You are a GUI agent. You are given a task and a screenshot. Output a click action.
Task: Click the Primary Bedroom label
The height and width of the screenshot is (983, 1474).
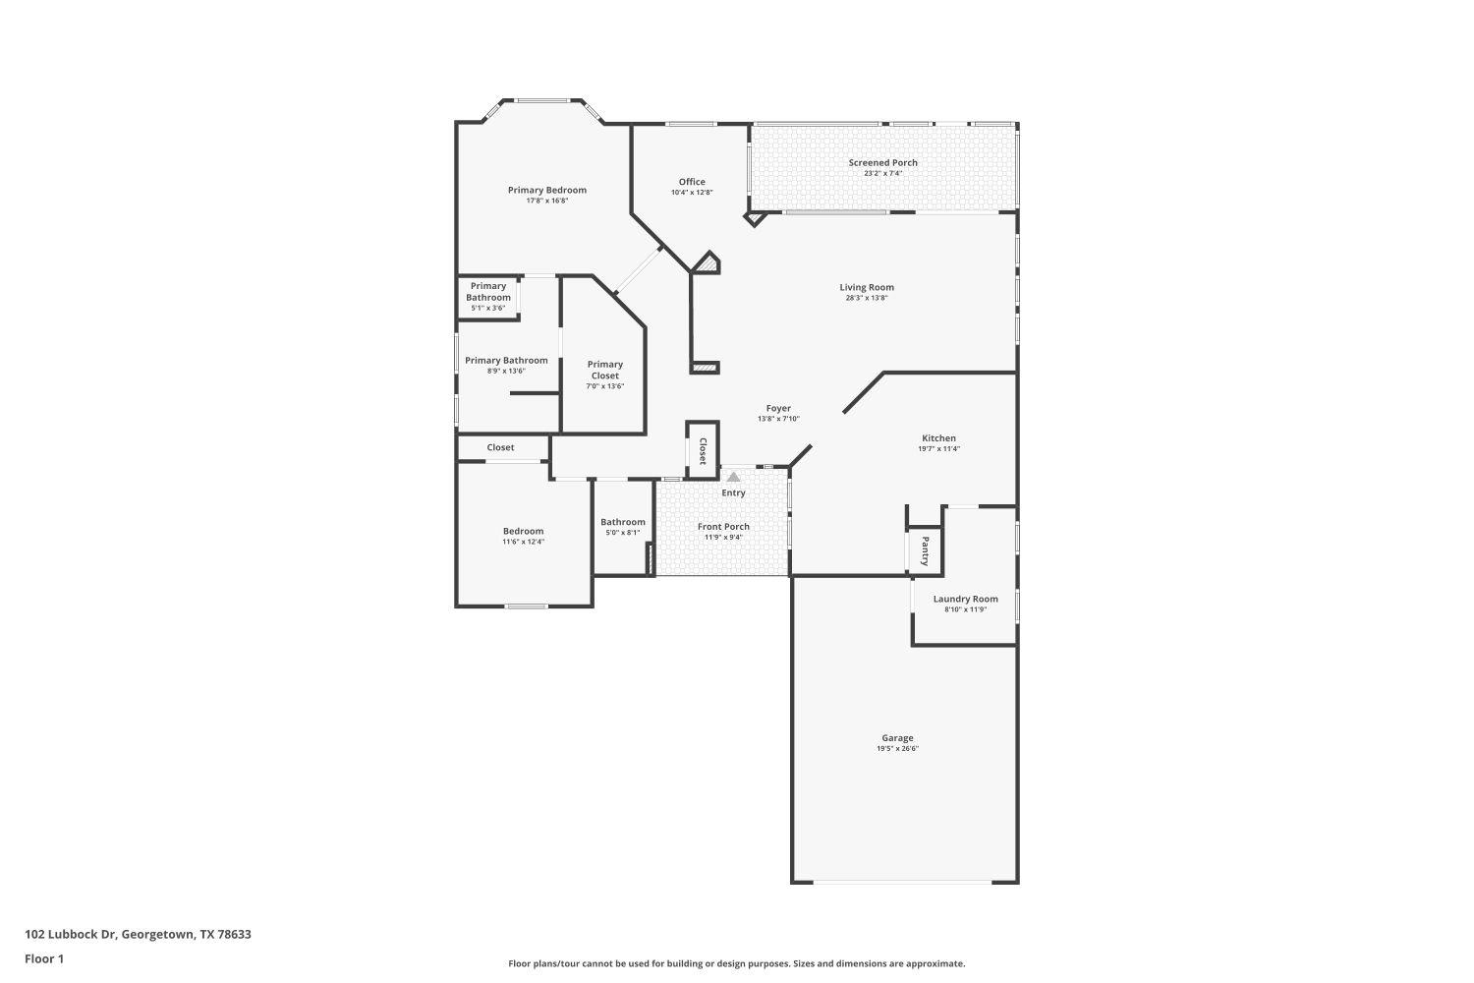[x=546, y=190]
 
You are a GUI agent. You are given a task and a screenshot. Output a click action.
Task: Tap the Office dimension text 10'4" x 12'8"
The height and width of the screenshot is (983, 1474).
[x=692, y=193]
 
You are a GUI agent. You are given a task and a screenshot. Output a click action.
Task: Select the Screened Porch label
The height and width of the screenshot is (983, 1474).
[x=882, y=162]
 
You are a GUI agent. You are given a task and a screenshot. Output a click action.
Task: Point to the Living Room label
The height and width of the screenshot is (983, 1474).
[x=866, y=287]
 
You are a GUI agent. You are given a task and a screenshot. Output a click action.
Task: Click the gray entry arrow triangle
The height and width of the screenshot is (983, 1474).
[x=733, y=476]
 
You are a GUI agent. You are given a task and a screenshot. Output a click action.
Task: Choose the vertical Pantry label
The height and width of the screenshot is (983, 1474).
[x=925, y=551]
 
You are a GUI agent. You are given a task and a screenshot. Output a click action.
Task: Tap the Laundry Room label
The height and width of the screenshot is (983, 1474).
[x=965, y=599]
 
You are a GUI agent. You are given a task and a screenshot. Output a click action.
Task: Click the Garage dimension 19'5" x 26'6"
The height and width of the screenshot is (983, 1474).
[x=897, y=749]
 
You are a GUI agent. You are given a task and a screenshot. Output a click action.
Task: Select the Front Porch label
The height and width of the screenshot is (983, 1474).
[x=723, y=526]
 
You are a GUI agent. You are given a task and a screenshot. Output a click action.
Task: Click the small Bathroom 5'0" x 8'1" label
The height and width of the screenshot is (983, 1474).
[x=623, y=522]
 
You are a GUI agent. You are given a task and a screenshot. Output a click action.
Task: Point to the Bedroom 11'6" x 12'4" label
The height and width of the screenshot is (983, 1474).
[x=523, y=531]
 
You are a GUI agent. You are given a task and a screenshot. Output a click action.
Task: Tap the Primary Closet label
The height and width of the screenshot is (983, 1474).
[x=605, y=370]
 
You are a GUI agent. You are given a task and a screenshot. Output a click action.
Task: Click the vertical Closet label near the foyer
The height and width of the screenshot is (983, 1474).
[x=703, y=451]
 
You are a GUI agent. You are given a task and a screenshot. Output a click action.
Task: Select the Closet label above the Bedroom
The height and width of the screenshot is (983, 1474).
[x=500, y=447]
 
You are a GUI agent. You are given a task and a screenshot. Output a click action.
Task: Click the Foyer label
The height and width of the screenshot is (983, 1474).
[x=778, y=408]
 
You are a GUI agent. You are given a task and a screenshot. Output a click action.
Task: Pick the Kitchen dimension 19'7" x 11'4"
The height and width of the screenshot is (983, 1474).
[x=938, y=449]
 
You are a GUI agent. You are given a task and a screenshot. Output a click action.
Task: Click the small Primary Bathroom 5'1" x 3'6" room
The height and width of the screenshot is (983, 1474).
[x=488, y=297]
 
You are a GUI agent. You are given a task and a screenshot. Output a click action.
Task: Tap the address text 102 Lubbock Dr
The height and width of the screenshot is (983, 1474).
[x=138, y=934]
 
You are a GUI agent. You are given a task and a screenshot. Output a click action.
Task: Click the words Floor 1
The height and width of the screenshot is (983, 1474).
[x=44, y=958]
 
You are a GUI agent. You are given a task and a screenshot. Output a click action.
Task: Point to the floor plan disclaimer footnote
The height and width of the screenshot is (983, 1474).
[x=736, y=964]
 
